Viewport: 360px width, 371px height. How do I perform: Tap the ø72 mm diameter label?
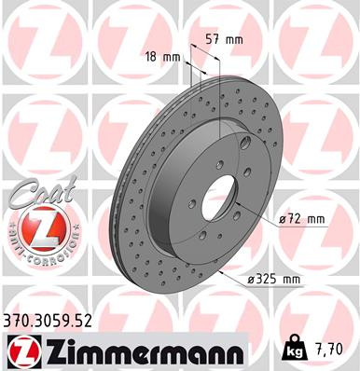click(300, 219)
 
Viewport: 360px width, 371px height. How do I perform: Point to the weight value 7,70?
click(332, 352)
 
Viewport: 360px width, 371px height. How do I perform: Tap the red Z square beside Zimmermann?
click(20, 350)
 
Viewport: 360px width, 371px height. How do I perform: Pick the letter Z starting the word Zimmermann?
click(48, 350)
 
